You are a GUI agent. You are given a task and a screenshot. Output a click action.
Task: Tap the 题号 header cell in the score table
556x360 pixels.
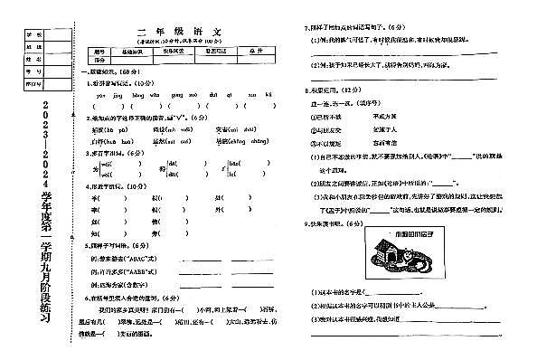tap(100, 51)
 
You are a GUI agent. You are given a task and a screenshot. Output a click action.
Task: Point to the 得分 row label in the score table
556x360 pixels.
tap(100, 60)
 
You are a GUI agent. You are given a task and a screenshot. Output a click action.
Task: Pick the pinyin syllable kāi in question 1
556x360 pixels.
tap(269, 92)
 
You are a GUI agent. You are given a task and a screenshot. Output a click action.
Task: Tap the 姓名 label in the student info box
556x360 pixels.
tap(29, 57)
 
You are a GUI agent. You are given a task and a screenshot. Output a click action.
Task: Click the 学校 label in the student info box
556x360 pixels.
tap(29, 34)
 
